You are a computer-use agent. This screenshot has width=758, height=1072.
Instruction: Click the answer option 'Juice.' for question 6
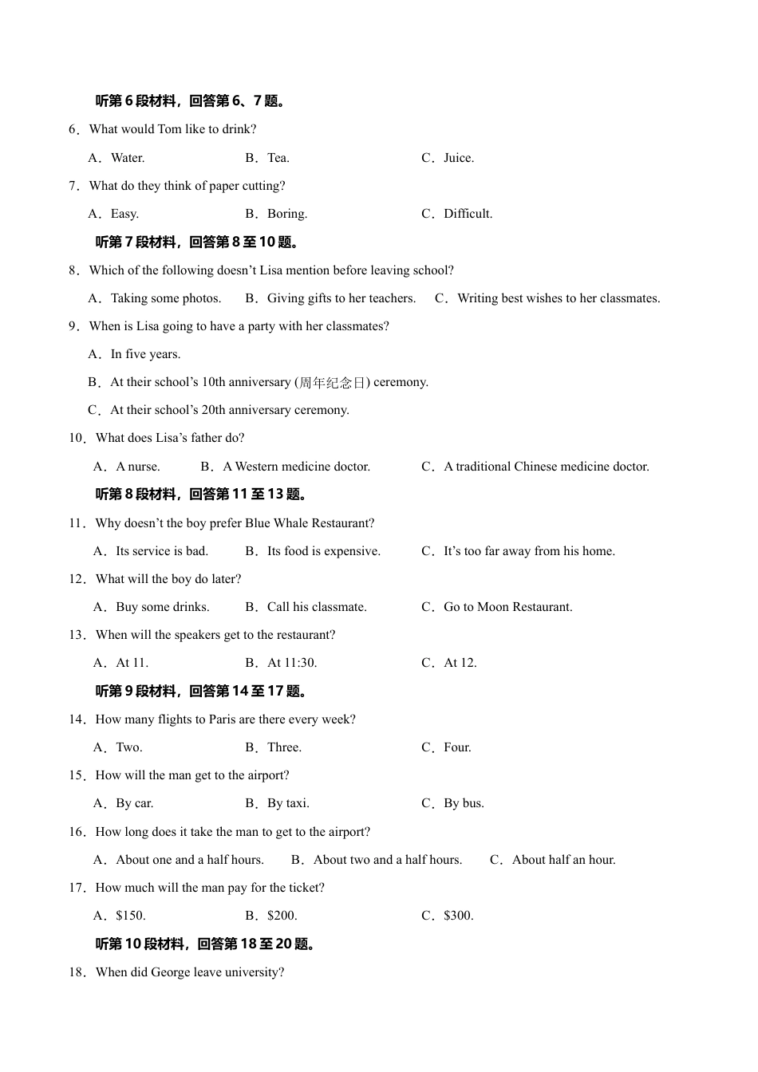[x=459, y=158]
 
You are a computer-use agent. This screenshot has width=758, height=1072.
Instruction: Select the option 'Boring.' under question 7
[x=287, y=214]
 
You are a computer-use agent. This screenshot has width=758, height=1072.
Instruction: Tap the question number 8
[x=73, y=270]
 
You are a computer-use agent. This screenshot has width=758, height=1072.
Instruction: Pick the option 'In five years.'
[x=145, y=354]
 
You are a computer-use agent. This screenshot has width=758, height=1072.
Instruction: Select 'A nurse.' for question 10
[x=137, y=467]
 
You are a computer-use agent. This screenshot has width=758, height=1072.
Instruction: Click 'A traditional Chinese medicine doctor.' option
[x=547, y=467]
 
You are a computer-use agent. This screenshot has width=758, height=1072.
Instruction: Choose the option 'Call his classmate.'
[x=317, y=607]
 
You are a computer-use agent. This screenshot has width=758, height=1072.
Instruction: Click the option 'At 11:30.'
[x=292, y=663]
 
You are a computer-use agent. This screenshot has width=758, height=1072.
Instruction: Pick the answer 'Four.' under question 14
[x=457, y=747]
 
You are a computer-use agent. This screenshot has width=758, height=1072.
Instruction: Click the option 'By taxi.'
[x=288, y=803]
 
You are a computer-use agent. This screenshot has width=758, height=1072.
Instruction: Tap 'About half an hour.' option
[x=563, y=860]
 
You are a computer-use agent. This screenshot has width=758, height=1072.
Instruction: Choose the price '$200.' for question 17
[x=282, y=916]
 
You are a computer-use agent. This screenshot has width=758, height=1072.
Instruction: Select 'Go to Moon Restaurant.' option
[x=507, y=607]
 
